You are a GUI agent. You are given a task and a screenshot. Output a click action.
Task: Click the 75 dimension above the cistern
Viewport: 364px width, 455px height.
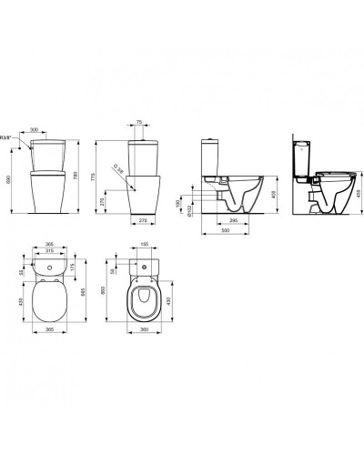139,120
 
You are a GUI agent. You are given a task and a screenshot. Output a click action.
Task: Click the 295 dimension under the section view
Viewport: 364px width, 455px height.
233,221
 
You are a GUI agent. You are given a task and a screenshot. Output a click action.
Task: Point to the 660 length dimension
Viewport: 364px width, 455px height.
105,289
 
